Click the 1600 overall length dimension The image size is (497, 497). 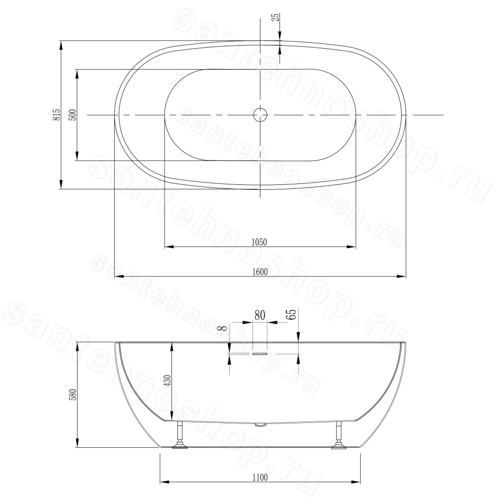[x=260, y=272]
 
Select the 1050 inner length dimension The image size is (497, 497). [x=259, y=243]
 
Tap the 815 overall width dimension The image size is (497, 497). [x=57, y=115]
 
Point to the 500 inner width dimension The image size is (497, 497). [x=73, y=115]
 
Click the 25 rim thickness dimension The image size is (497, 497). [x=275, y=17]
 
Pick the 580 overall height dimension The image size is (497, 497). [x=72, y=395]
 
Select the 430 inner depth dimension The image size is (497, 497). [x=167, y=381]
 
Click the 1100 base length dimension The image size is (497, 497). [x=260, y=477]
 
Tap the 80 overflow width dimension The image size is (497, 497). [x=259, y=315]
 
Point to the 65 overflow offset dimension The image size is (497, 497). [x=292, y=314]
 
